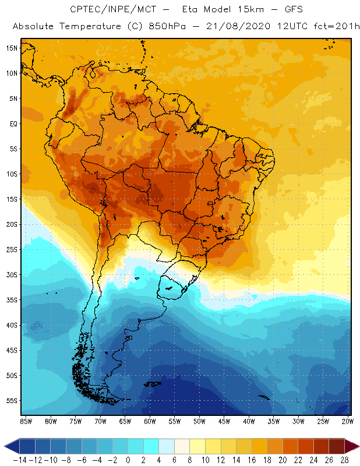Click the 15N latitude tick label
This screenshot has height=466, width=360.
click(x=12, y=48)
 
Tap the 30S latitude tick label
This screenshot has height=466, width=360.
click(x=12, y=274)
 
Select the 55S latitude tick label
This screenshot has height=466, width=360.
click(x=12, y=401)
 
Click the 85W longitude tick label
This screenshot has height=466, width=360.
click(x=26, y=421)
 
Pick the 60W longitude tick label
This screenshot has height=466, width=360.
click(x=150, y=421)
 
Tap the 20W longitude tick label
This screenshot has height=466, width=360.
click(x=348, y=421)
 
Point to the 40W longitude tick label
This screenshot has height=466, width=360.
click(x=249, y=421)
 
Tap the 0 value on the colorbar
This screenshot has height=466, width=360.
click(x=128, y=460)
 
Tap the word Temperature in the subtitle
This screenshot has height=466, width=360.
click(x=83, y=27)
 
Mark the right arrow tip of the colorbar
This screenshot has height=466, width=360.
click(x=355, y=446)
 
